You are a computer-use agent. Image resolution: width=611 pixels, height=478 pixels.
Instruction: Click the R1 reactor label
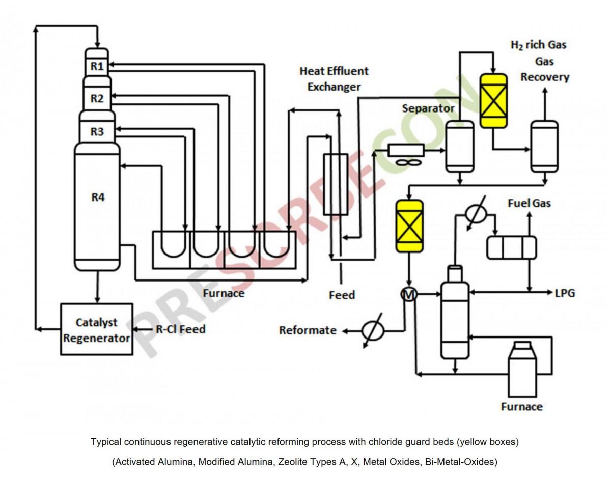[97, 66]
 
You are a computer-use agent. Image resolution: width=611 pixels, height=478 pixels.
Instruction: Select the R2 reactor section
[97, 98]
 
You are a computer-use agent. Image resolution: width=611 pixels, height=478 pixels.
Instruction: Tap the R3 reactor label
[97, 131]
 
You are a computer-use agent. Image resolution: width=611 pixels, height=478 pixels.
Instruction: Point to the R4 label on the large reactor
[98, 198]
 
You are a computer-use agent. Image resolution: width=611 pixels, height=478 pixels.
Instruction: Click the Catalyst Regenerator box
[97, 329]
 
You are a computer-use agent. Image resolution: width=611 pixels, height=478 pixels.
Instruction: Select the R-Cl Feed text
[180, 329]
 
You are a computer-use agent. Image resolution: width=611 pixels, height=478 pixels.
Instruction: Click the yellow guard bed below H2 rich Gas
[494, 101]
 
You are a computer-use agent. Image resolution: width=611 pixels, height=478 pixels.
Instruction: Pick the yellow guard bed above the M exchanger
[409, 227]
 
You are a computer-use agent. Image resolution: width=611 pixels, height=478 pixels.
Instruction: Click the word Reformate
[308, 330]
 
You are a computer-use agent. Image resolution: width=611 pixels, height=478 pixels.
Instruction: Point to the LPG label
[565, 293]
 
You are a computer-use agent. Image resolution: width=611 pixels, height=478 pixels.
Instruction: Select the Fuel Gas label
[529, 204]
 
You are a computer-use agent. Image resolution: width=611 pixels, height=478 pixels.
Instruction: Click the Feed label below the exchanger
[342, 295]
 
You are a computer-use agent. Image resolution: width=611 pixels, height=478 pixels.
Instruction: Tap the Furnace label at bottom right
[522, 407]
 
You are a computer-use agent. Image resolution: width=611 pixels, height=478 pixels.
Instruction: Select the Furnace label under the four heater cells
[224, 293]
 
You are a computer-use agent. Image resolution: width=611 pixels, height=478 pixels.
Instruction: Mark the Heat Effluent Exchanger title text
[334, 79]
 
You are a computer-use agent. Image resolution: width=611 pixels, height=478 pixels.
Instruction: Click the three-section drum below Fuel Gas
[512, 247]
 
